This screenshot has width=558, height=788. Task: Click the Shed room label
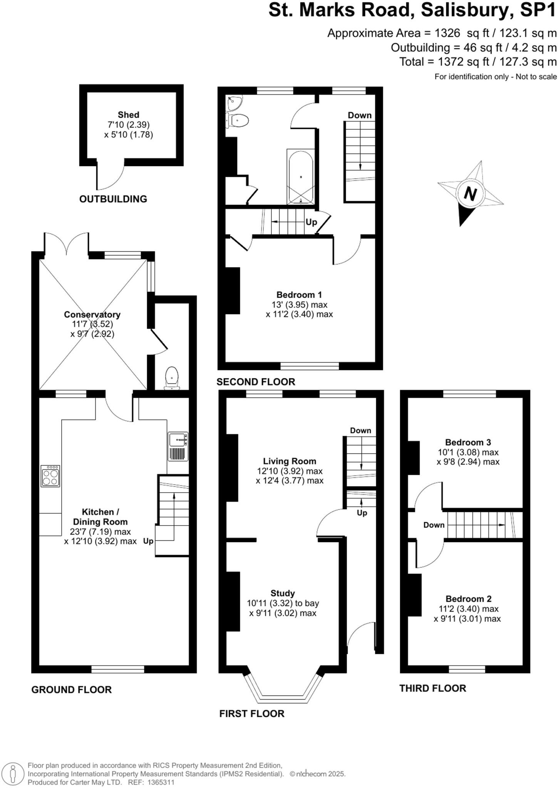pyautogui.click(x=128, y=115)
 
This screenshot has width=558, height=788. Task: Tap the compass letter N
pyautogui.click(x=470, y=193)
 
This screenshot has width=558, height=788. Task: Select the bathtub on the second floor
pyautogui.click(x=300, y=177)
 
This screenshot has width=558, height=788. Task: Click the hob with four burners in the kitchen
pyautogui.click(x=50, y=476)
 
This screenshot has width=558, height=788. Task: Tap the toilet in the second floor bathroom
pyautogui.click(x=238, y=120)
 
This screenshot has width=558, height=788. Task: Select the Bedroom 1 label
pyautogui.click(x=299, y=295)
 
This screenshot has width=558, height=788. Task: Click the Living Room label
pyautogui.click(x=289, y=461)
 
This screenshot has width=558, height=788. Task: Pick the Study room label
pyautogui.click(x=282, y=593)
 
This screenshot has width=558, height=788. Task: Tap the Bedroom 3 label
pyautogui.click(x=468, y=442)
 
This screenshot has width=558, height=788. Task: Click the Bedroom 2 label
pyautogui.click(x=468, y=599)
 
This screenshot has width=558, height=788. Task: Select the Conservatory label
pyautogui.click(x=92, y=315)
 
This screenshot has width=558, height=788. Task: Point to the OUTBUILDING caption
pyautogui.click(x=113, y=199)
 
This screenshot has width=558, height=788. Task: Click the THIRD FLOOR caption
pyautogui.click(x=432, y=688)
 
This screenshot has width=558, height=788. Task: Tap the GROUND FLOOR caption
pyautogui.click(x=71, y=690)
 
